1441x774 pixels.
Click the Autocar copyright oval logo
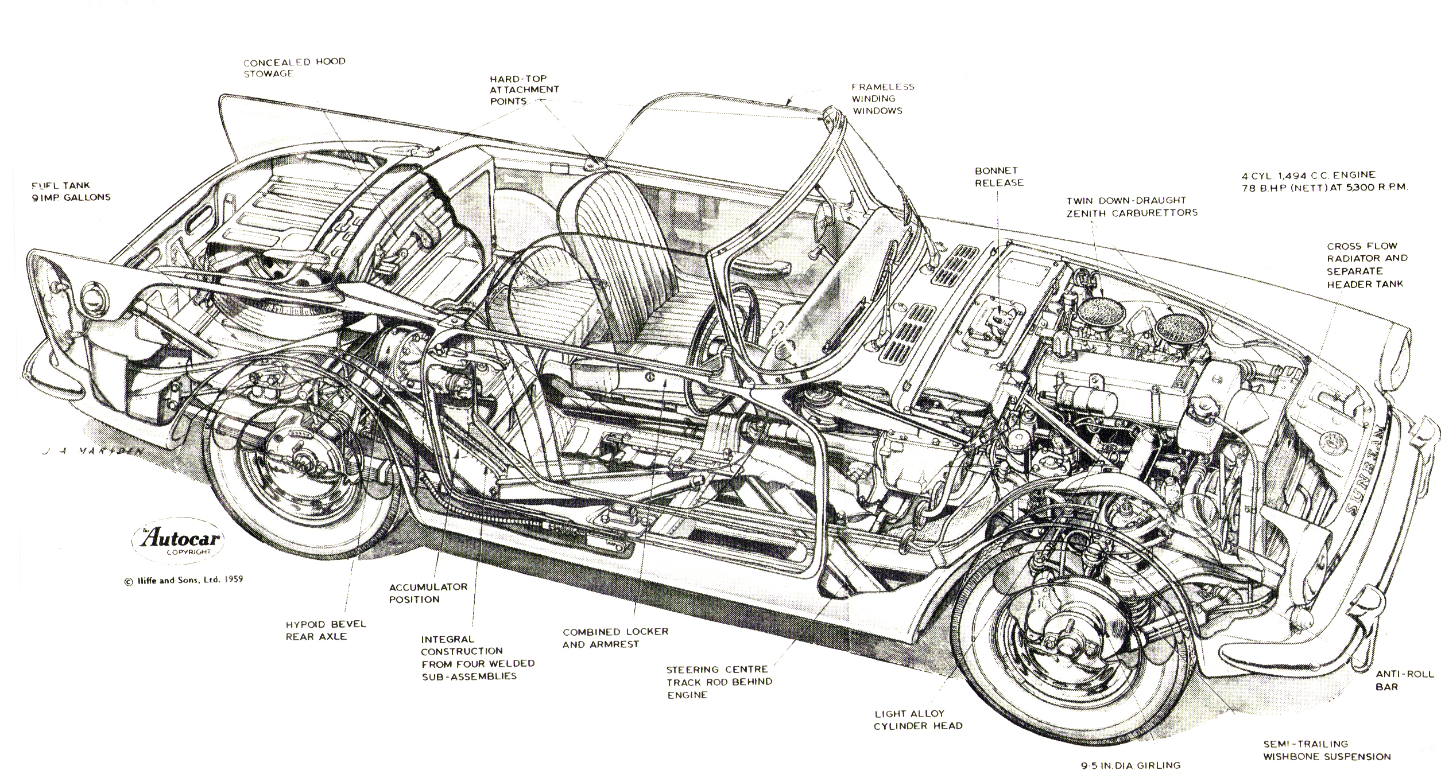tap(179, 540)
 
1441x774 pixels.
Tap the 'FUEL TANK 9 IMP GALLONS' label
tap(71, 192)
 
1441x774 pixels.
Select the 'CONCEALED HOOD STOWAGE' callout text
tap(294, 68)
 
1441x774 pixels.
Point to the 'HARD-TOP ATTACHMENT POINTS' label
tap(524, 90)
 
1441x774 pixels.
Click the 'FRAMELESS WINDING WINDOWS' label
tap(883, 99)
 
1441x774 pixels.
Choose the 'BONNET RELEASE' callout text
tap(999, 177)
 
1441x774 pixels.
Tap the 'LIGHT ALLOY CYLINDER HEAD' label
tap(917, 720)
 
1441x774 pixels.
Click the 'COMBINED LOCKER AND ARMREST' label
tap(615, 638)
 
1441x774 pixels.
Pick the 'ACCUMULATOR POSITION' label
tap(428, 593)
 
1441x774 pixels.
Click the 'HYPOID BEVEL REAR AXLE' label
tap(326, 630)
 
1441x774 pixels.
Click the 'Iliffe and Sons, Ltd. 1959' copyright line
tap(183, 580)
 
